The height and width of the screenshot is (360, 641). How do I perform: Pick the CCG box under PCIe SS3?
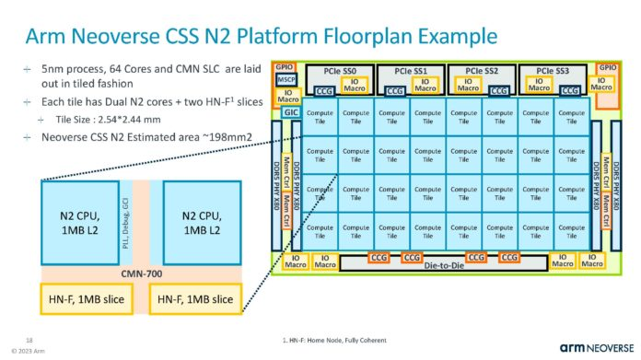(568, 92)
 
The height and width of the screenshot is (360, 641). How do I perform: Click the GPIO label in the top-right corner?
(608, 68)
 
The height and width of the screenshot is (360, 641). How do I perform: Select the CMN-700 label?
(143, 273)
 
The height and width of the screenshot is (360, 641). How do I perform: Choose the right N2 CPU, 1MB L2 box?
(200, 221)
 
